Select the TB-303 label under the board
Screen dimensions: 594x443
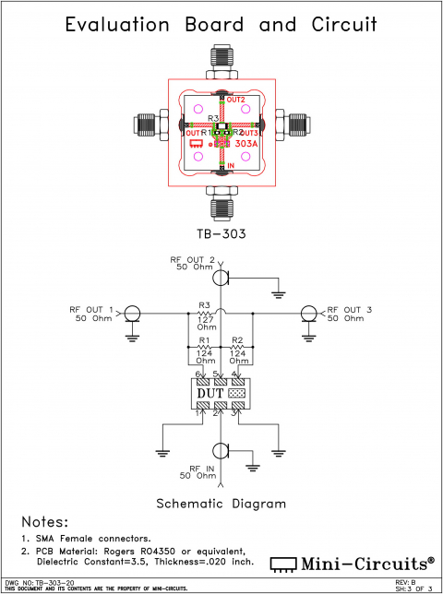click(x=221, y=233)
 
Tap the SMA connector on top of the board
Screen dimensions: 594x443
click(x=221, y=61)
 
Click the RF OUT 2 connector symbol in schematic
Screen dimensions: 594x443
click(x=221, y=276)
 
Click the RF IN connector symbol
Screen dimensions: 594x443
click(x=221, y=450)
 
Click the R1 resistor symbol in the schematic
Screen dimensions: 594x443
click(x=204, y=350)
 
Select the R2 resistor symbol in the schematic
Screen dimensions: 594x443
click(x=237, y=350)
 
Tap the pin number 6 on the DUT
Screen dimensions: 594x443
click(x=185, y=374)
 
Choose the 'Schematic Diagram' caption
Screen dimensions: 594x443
click(x=221, y=504)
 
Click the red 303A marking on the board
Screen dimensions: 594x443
click(x=246, y=145)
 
